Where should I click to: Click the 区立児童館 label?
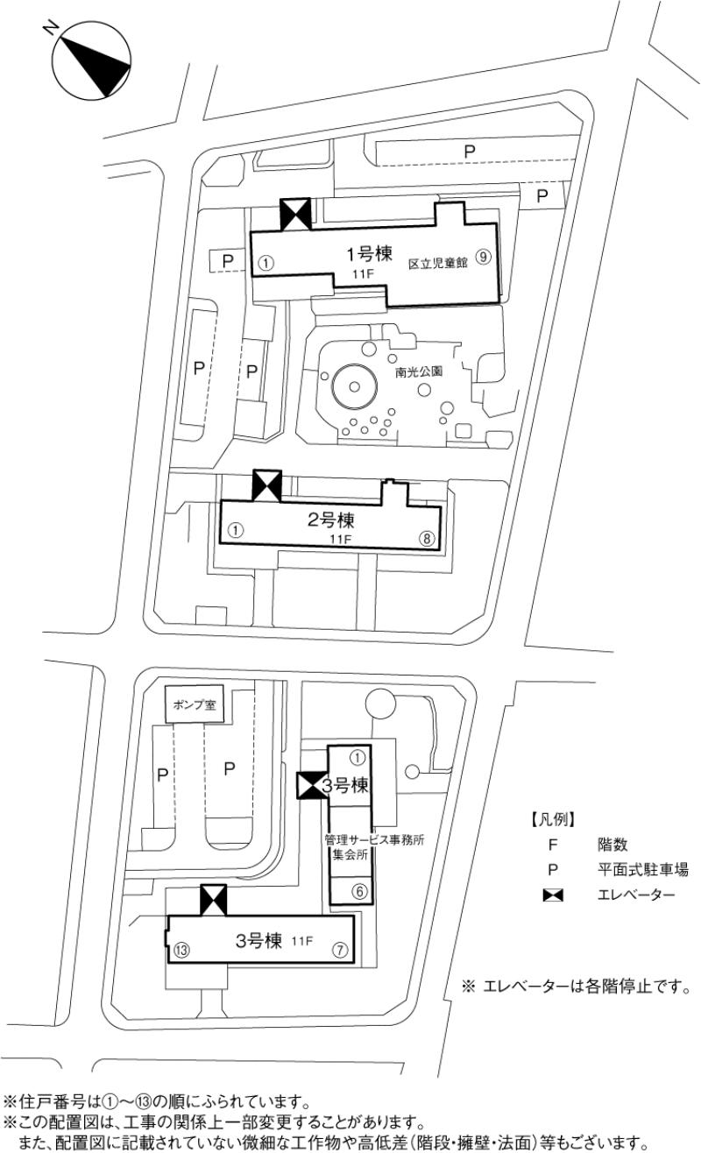point(438,262)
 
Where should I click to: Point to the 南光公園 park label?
point(418,371)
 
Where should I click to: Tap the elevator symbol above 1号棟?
point(294,214)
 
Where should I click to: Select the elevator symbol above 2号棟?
point(266,485)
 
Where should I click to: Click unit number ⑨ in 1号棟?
point(483,258)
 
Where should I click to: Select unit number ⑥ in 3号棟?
point(358,891)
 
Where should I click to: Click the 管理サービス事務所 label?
point(374,839)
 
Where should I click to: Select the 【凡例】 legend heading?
point(552,820)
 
